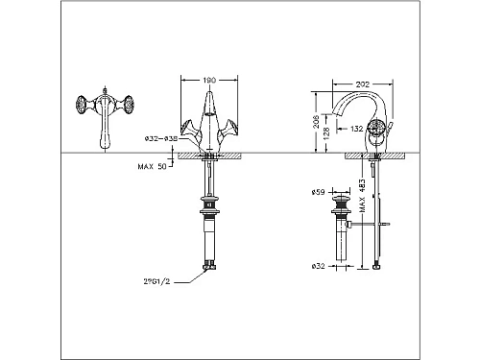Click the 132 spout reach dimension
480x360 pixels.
(356, 128)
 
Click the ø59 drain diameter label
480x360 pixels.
(324, 188)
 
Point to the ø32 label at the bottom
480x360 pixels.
(324, 265)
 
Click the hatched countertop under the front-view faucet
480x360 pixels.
(211, 156)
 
